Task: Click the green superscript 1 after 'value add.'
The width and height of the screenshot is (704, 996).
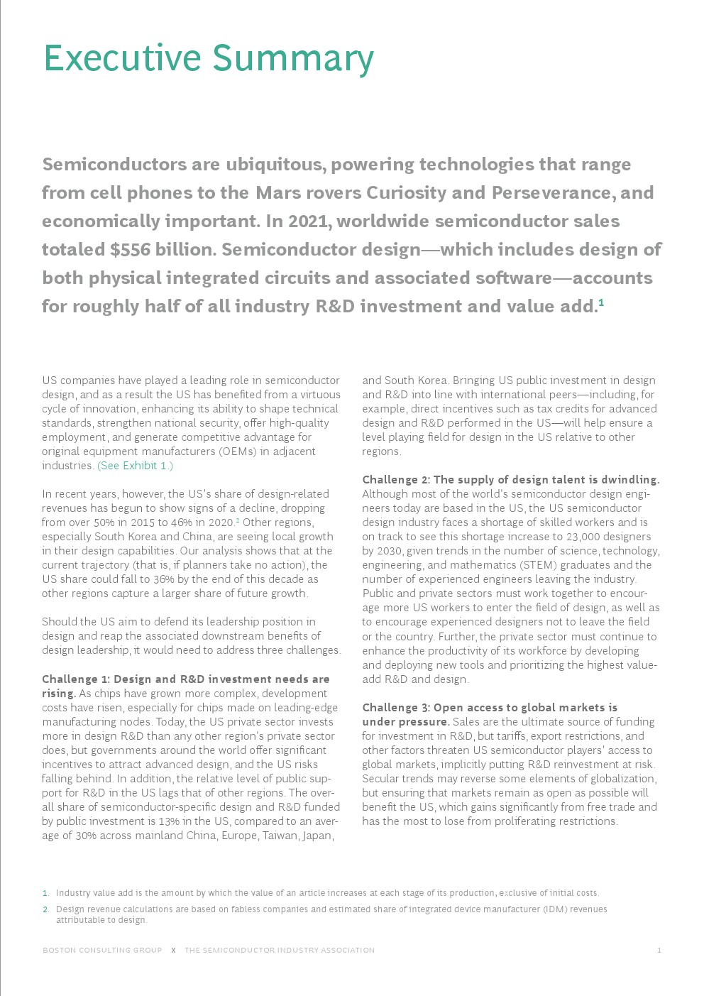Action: (601, 303)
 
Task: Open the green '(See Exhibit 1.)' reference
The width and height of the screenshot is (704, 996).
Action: (135, 466)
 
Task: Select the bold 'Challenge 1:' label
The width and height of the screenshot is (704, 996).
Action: (75, 679)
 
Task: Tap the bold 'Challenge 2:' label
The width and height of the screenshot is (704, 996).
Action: (395, 480)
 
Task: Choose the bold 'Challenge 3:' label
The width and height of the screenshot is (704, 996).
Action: (395, 708)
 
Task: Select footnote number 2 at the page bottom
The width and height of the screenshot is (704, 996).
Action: (46, 909)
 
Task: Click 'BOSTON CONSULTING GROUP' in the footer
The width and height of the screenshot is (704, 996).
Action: (102, 950)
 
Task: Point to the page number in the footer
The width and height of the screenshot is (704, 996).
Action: (659, 950)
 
